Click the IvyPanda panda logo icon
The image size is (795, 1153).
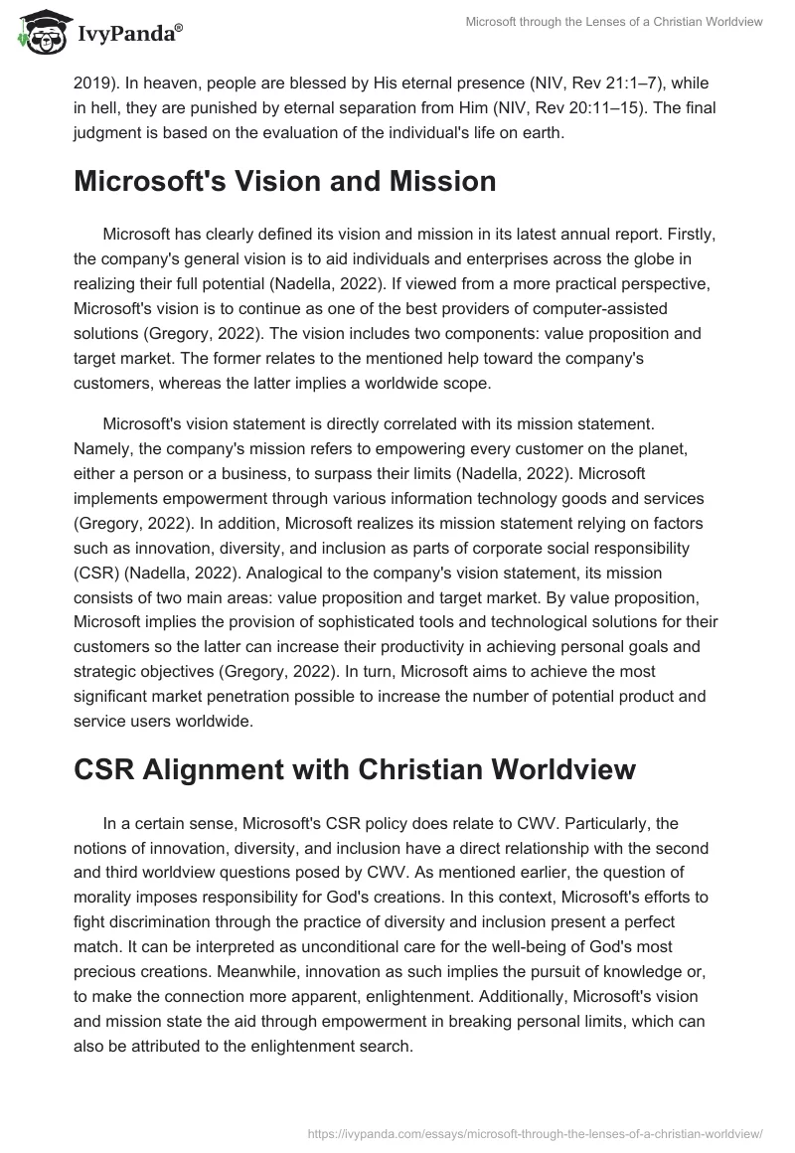pos(39,32)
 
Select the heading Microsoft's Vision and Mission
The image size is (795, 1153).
pos(284,181)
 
